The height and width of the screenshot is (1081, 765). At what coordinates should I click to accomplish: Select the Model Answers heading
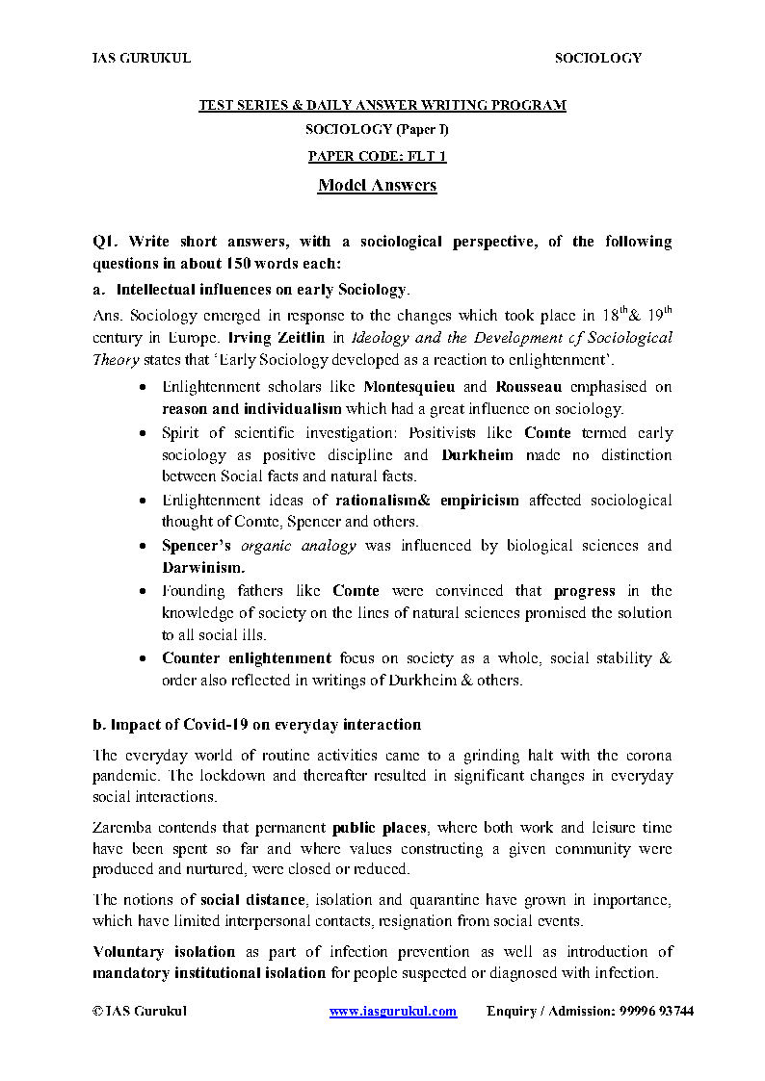point(377,185)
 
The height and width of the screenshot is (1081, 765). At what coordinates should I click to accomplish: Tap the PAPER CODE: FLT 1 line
point(377,156)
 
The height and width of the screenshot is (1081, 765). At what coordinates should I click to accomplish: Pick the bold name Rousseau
point(529,387)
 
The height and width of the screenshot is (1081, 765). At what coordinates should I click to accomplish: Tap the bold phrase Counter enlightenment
point(246,658)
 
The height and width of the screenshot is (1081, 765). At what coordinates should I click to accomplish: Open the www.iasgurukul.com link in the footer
point(392,1012)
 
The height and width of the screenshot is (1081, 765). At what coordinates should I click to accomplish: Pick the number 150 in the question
point(239,263)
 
